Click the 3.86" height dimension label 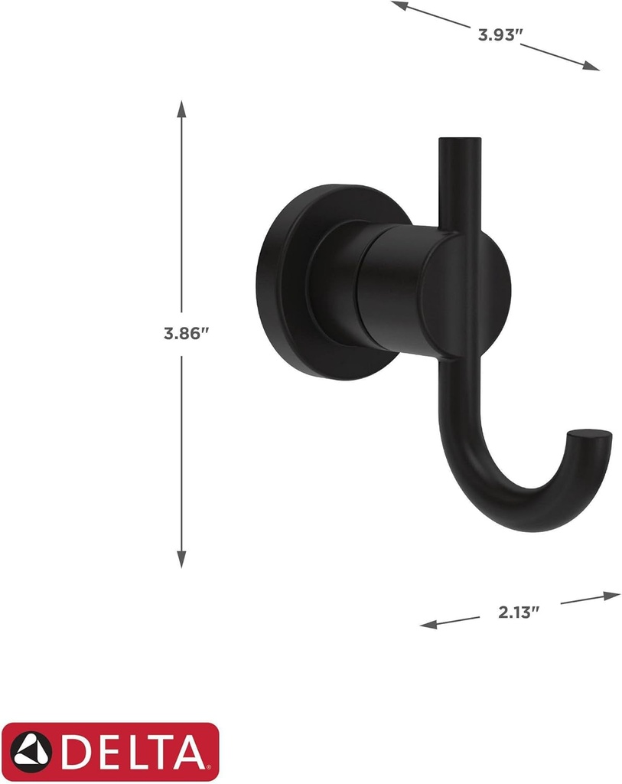click(186, 334)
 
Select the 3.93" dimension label click(500, 34)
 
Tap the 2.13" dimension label click(519, 611)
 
